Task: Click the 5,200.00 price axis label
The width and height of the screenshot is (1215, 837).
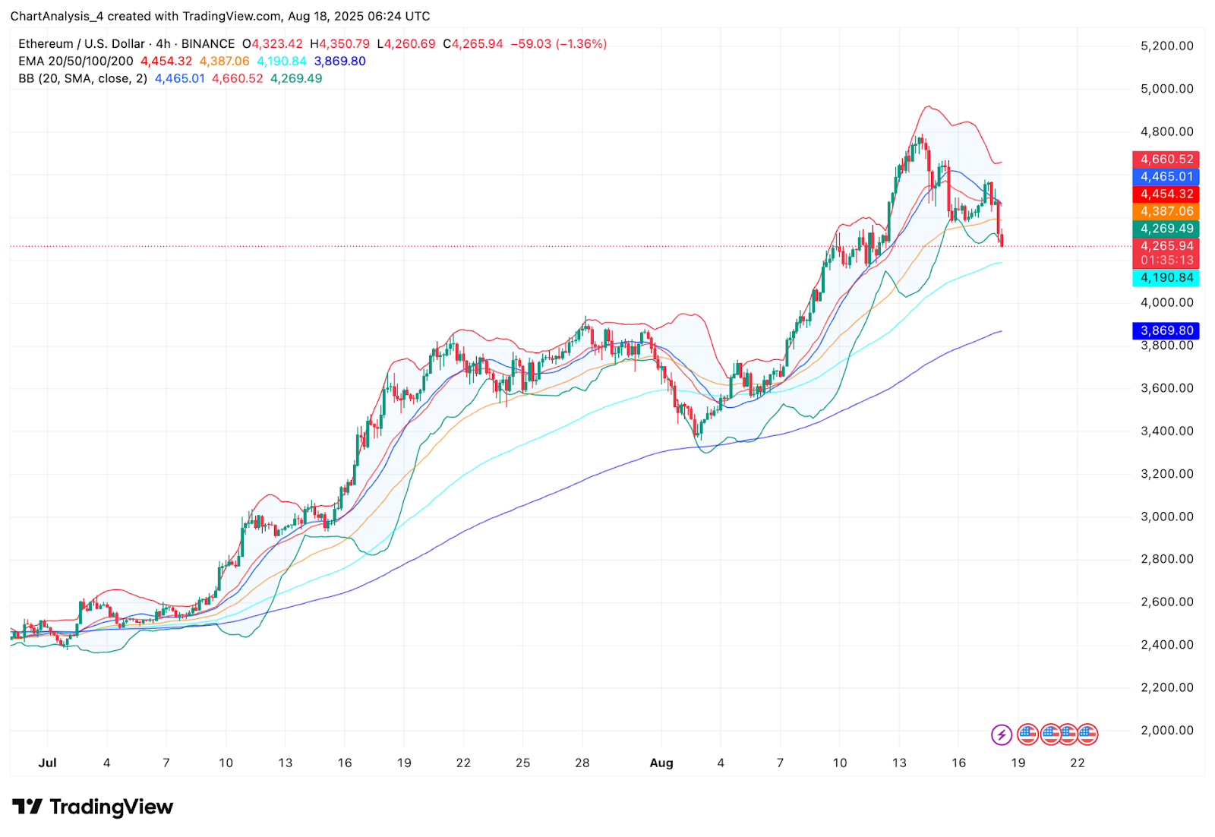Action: click(x=1166, y=46)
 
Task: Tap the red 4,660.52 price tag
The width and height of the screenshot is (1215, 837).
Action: click(x=1166, y=160)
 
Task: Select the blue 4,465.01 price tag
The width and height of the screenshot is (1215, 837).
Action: click(x=1166, y=177)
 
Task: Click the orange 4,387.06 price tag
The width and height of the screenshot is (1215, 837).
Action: click(x=1166, y=212)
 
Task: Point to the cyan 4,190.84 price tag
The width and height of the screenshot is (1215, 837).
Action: click(x=1166, y=278)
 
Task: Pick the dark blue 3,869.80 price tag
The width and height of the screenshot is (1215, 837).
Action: click(x=1166, y=331)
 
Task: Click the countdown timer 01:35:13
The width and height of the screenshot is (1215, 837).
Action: click(x=1166, y=261)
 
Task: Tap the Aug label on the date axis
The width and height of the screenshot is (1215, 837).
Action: click(x=661, y=763)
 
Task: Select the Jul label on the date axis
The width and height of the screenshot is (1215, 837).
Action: click(x=47, y=763)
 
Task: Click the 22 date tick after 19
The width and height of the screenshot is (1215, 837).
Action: click(x=1077, y=763)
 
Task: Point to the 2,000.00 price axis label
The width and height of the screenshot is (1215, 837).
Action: click(x=1166, y=731)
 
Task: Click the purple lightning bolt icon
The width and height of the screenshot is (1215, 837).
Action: click(x=1002, y=734)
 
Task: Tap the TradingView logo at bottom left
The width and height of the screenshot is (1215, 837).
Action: click(x=93, y=807)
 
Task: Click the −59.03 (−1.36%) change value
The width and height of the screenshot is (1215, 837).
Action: click(x=558, y=44)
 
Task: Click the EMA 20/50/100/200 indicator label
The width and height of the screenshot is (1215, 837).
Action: click(x=76, y=62)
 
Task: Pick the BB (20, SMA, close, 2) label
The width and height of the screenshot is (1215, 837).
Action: click(x=83, y=79)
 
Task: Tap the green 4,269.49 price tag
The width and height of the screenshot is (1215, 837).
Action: click(x=1166, y=229)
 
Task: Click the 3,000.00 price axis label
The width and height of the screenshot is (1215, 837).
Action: click(x=1166, y=516)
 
